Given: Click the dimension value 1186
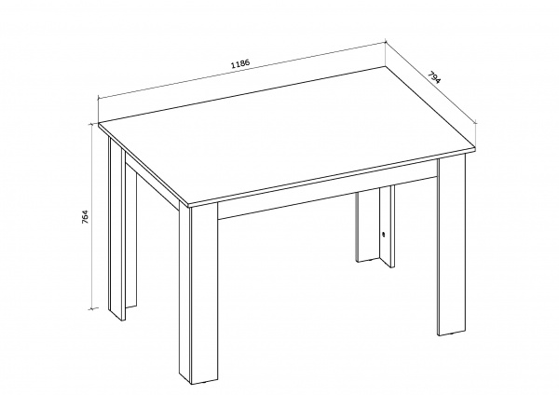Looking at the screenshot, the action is [240, 63].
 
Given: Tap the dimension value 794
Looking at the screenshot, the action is [434, 78].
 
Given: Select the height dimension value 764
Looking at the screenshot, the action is [85, 216].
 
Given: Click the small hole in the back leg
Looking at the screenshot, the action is [383, 234].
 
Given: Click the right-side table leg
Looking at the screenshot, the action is [451, 246].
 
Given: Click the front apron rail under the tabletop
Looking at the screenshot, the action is [327, 193].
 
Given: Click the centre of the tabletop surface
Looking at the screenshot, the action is [287, 136].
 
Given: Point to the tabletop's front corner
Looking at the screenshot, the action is [188, 206].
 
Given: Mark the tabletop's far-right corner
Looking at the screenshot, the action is [476, 147].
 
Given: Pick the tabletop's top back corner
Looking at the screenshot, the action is [386, 66].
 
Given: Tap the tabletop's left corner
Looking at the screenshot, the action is [99, 125].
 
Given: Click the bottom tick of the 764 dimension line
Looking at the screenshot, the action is [93, 308].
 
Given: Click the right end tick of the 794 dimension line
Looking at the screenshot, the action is [475, 123].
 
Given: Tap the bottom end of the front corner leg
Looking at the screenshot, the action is [198, 383].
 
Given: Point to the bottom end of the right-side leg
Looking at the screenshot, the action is [451, 334].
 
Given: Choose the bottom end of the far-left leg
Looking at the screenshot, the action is [117, 318].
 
